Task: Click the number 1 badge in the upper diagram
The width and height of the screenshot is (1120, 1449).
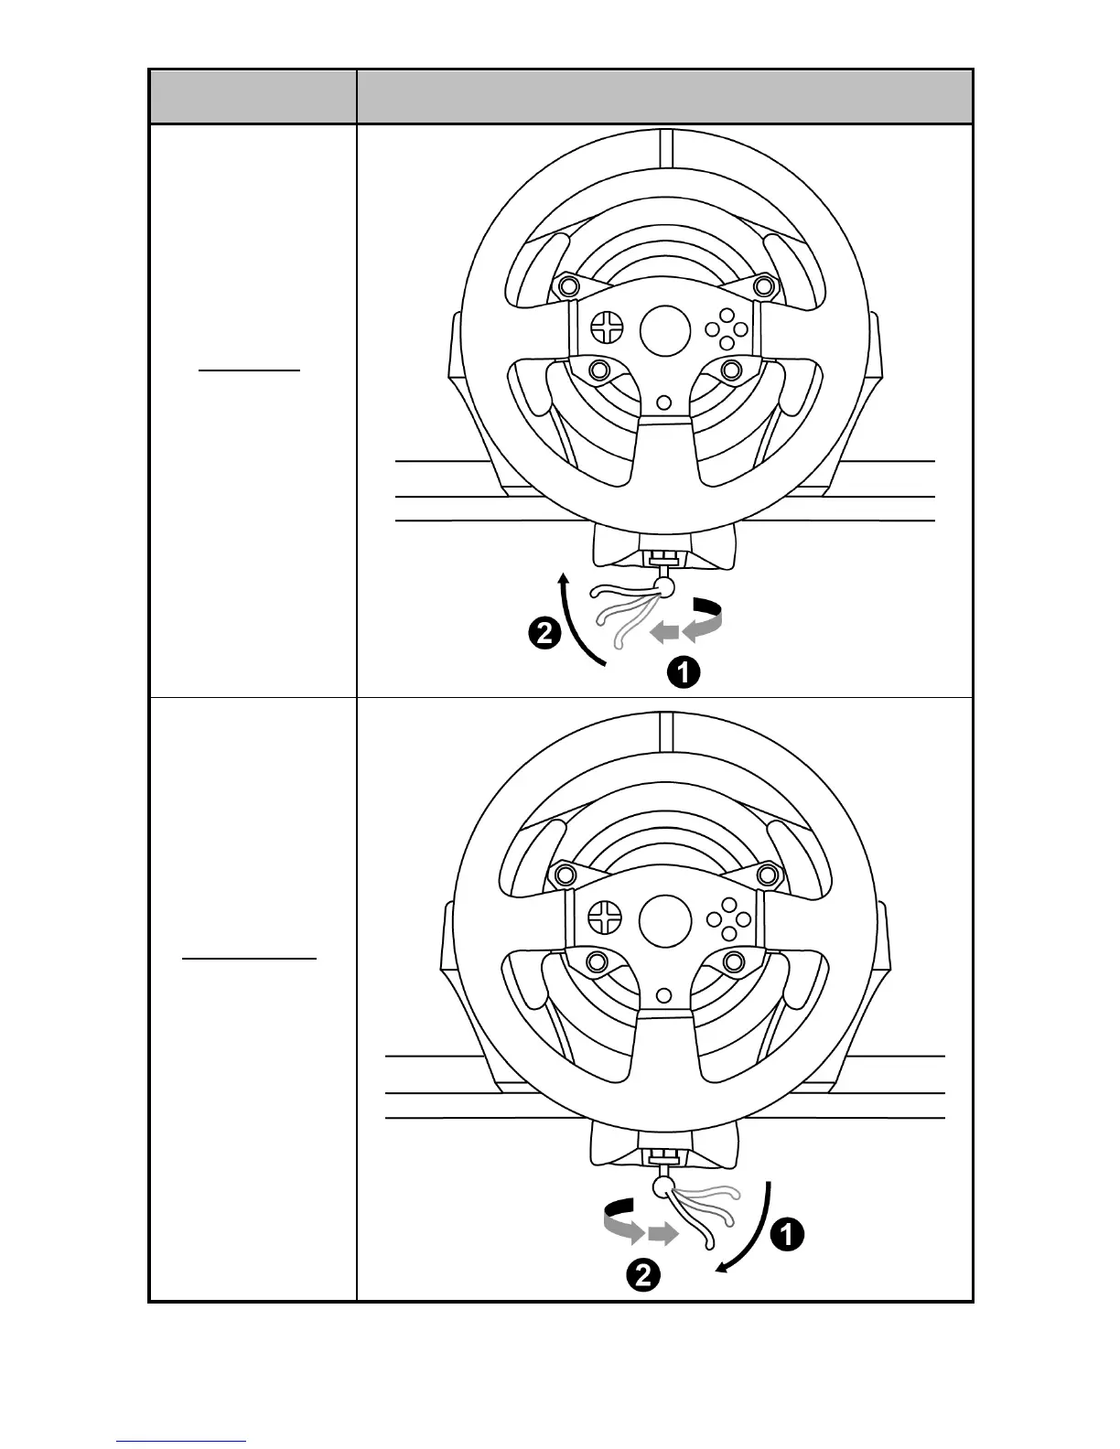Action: (x=684, y=673)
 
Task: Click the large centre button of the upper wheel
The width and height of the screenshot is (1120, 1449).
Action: (x=665, y=330)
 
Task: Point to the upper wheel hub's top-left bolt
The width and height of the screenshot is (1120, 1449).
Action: (x=568, y=285)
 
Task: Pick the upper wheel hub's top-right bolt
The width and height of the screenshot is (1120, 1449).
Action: (x=763, y=285)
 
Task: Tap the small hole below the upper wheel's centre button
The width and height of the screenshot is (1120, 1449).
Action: (x=665, y=401)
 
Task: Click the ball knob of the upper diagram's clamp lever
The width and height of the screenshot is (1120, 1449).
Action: (x=666, y=586)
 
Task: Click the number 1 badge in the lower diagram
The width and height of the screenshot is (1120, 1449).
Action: (x=788, y=1235)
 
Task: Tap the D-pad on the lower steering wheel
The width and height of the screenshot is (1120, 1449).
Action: (x=606, y=917)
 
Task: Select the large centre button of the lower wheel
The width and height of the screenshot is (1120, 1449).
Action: (x=665, y=920)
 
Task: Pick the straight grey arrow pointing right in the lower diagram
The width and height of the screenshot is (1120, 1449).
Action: (x=662, y=1235)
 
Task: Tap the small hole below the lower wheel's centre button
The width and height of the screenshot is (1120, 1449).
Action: (x=665, y=993)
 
